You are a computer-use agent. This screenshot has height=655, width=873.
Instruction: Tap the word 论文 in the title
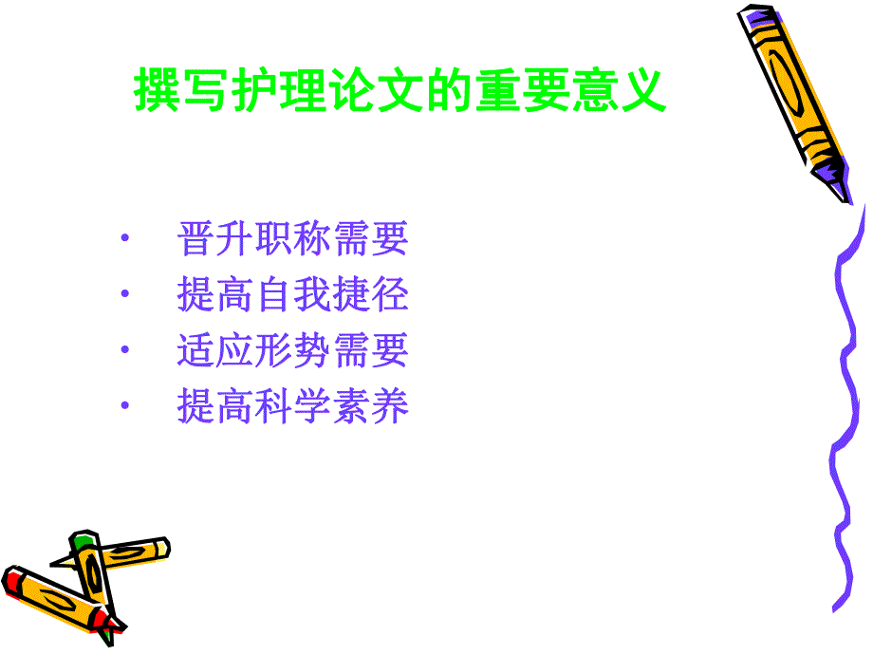400,92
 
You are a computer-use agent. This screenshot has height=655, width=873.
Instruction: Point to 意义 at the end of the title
618,92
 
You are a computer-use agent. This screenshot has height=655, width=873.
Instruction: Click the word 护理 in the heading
303,92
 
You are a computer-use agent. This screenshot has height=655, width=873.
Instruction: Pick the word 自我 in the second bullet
292,295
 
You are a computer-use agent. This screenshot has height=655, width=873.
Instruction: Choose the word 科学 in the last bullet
292,406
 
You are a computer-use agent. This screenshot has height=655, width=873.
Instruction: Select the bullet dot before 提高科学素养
125,406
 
